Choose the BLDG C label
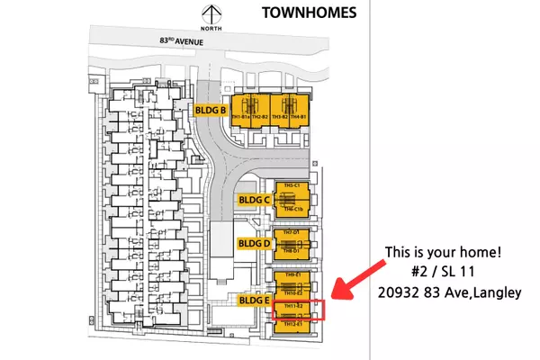[x=254, y=199]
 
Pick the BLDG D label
[x=254, y=242]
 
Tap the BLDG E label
[x=254, y=300]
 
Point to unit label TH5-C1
[x=291, y=185]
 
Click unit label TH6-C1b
[x=291, y=208]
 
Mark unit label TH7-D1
[x=291, y=232]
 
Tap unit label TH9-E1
[x=291, y=274]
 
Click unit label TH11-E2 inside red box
[x=291, y=307]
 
